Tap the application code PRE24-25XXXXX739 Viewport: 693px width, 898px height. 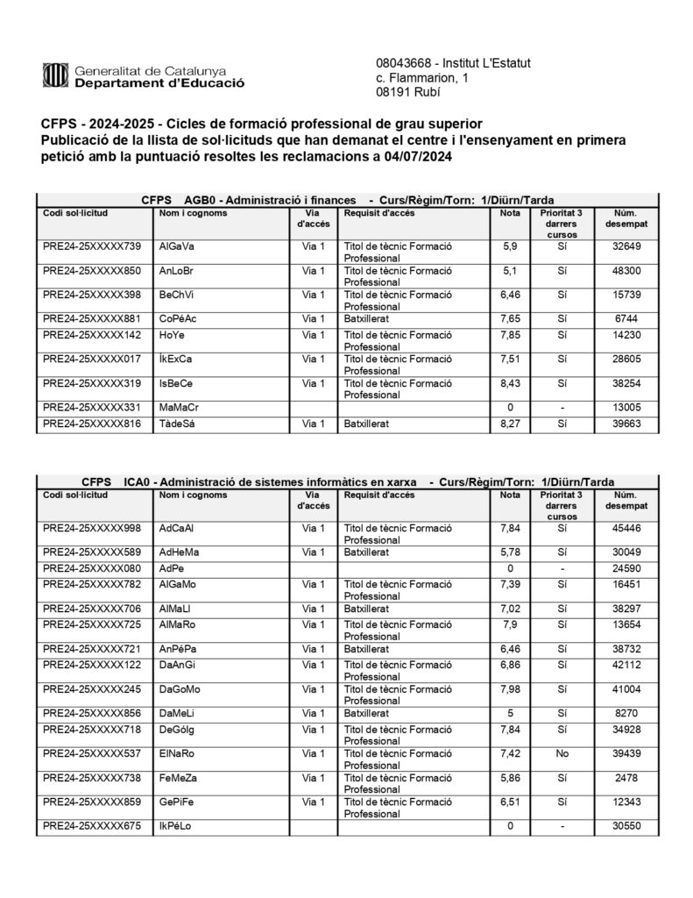(91, 247)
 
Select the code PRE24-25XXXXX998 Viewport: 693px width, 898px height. (91, 528)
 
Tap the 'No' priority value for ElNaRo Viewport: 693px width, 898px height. (562, 752)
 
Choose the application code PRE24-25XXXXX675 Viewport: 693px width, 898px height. (91, 826)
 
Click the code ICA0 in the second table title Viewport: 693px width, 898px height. (128, 482)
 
